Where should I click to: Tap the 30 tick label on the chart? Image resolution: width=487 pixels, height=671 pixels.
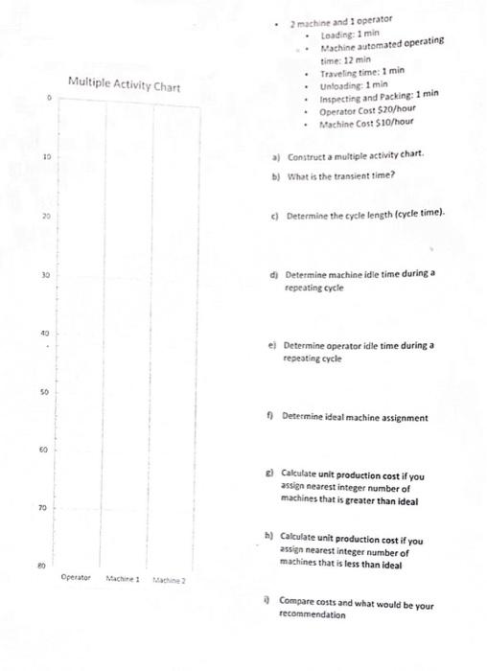[x=45, y=275]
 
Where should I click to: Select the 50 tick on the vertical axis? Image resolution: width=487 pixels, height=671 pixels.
[x=45, y=392]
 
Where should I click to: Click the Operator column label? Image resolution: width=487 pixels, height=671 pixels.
[x=77, y=578]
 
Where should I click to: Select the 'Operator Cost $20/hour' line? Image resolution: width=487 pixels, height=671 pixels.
[x=359, y=111]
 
